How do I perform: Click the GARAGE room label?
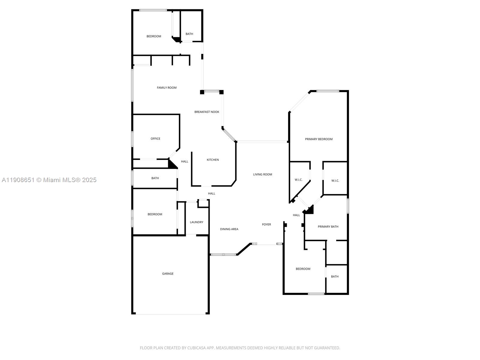click(168, 274)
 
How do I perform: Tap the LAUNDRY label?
click(196, 222)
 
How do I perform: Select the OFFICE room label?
click(155, 139)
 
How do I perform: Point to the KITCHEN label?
click(213, 160)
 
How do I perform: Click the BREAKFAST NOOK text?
click(207, 112)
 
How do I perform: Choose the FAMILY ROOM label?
click(167, 88)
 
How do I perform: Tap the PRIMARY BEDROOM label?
click(319, 139)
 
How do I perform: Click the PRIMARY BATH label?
click(328, 227)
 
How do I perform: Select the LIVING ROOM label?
click(262, 174)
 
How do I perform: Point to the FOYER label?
click(266, 224)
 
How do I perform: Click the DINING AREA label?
click(229, 229)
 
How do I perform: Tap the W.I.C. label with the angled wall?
click(298, 180)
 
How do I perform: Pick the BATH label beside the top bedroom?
click(189, 34)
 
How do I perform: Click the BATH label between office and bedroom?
click(155, 178)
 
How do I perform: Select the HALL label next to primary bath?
click(296, 215)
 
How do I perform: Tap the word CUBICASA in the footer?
click(196, 348)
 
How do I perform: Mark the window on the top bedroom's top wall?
click(153, 10)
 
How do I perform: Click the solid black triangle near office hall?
click(172, 164)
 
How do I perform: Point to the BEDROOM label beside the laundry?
click(155, 214)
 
